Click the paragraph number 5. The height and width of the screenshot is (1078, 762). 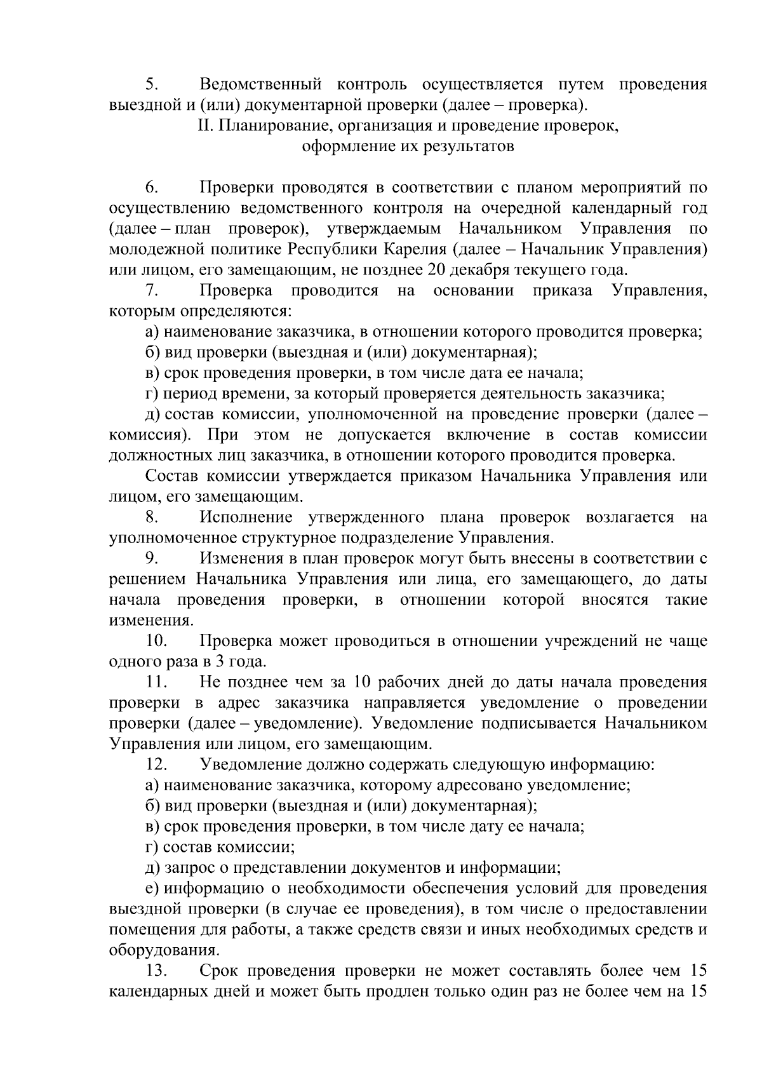point(151,84)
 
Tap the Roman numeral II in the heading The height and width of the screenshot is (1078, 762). point(204,126)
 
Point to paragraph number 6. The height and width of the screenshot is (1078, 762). point(151,187)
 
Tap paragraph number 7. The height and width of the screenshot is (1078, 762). point(151,291)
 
